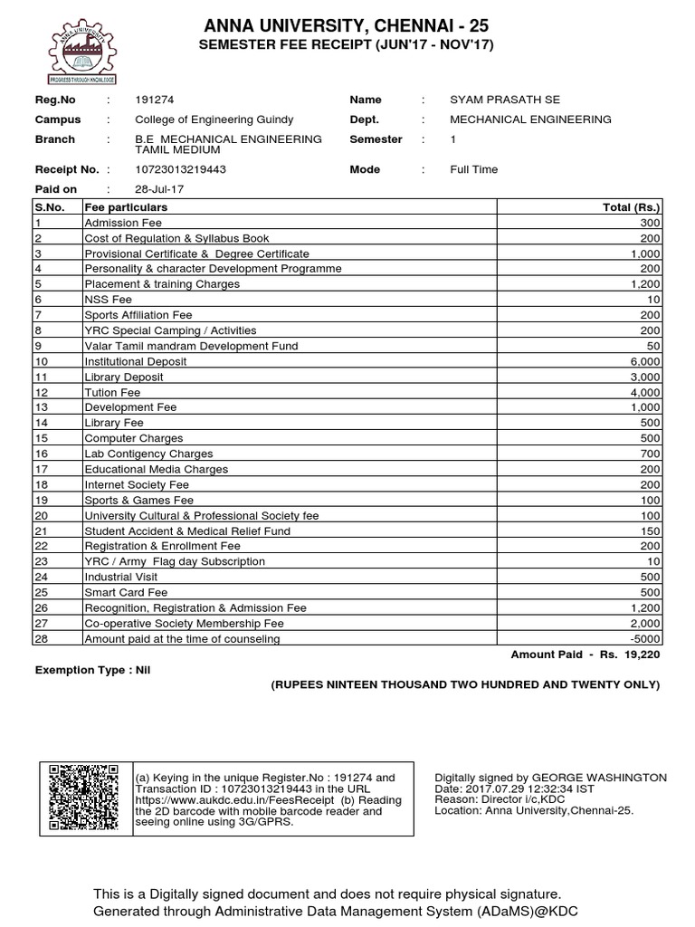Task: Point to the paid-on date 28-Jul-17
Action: [x=160, y=189]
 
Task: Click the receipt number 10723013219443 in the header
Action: [x=180, y=169]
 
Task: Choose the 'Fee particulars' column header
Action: [x=126, y=207]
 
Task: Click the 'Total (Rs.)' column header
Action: [x=631, y=207]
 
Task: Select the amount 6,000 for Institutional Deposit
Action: [x=645, y=361]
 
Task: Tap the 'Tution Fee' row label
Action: [x=112, y=392]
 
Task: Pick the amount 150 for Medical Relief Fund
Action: [x=651, y=530]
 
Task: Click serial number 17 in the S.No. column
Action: [x=42, y=469]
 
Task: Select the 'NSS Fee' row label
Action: [x=108, y=300]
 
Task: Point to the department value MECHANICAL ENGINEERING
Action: [x=530, y=119]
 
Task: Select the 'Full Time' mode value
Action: [x=473, y=169]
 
